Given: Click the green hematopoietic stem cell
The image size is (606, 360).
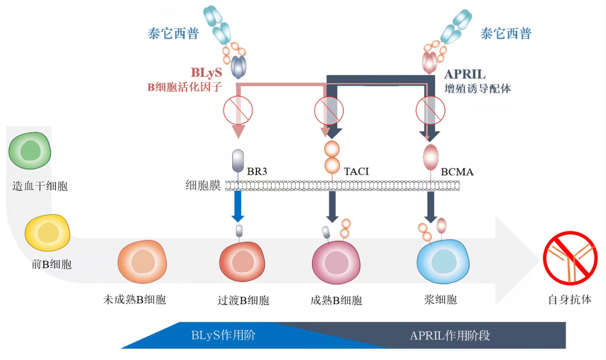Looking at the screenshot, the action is pyautogui.click(x=30, y=150).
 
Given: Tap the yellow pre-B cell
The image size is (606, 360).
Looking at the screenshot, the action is pyautogui.click(x=48, y=233).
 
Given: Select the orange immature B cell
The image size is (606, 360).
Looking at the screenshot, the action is pyautogui.click(x=142, y=261).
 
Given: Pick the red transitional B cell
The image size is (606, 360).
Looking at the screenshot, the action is pyautogui.click(x=242, y=261).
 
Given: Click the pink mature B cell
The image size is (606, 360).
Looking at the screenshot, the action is pyautogui.click(x=336, y=262).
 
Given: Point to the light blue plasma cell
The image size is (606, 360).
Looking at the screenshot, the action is pyautogui.click(x=443, y=261).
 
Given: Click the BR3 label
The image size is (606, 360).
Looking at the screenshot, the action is pyautogui.click(x=257, y=171).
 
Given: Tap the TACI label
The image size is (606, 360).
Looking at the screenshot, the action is pyautogui.click(x=356, y=171).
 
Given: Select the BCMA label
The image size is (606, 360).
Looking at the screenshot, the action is pyautogui.click(x=457, y=172).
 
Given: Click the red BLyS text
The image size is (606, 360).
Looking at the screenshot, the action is pyautogui.click(x=206, y=72).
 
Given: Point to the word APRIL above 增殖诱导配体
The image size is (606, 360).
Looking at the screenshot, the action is pyautogui.click(x=465, y=74).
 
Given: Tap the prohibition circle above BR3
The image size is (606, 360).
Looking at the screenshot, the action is pyautogui.click(x=238, y=110).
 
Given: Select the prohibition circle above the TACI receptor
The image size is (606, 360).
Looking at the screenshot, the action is pyautogui.click(x=329, y=110).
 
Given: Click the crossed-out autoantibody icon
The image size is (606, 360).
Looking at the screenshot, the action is pyautogui.click(x=570, y=258).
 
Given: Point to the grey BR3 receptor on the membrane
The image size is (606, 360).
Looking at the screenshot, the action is pyautogui.click(x=238, y=161).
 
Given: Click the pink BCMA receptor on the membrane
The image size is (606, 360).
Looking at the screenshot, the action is pyautogui.click(x=430, y=157).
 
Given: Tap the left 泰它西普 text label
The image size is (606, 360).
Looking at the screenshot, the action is pyautogui.click(x=173, y=34).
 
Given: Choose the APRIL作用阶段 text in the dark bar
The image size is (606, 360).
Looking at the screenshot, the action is pyautogui.click(x=450, y=335).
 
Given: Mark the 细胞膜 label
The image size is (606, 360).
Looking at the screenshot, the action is pyautogui.click(x=203, y=186).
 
